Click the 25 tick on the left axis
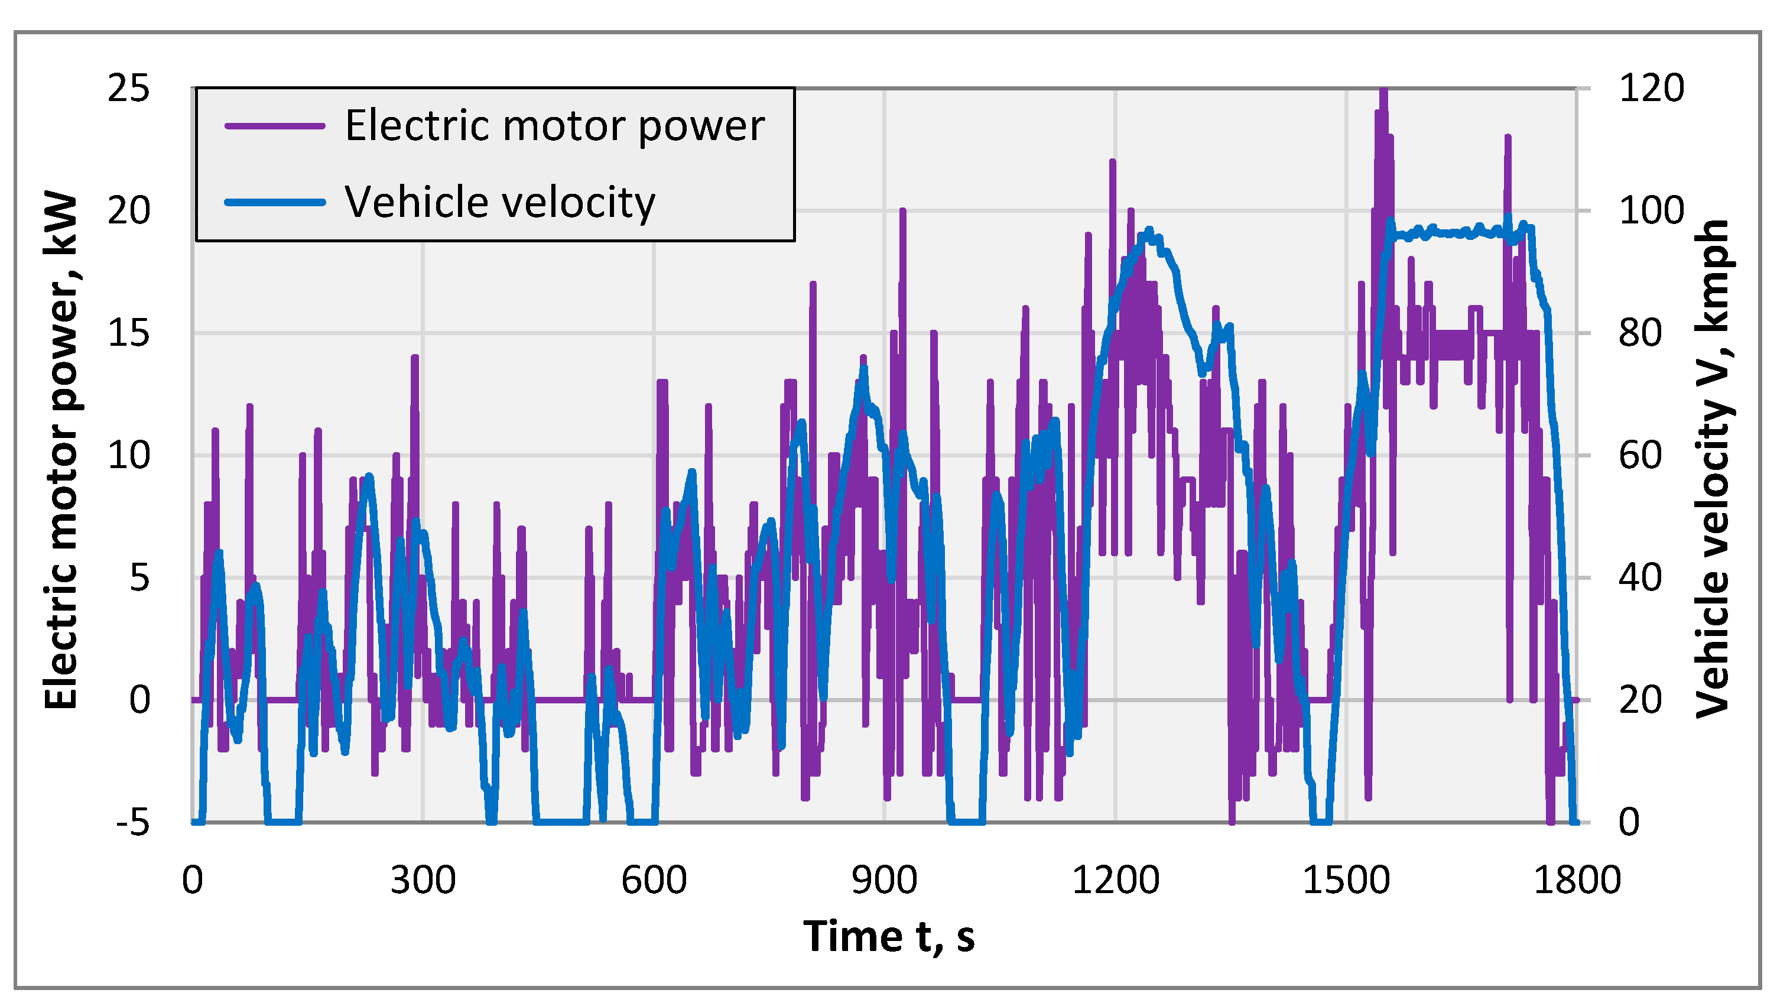(128, 89)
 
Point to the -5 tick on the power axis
(132, 822)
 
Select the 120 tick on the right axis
(1651, 89)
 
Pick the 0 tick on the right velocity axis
(1629, 822)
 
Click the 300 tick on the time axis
(423, 880)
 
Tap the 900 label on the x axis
(884, 880)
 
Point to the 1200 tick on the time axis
(1115, 880)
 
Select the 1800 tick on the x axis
(1577, 880)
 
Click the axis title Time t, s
(889, 936)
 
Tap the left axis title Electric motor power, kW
(61, 450)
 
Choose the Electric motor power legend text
(554, 126)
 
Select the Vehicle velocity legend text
(499, 203)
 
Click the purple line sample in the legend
(275, 126)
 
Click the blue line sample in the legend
(275, 203)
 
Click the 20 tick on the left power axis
(128, 211)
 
